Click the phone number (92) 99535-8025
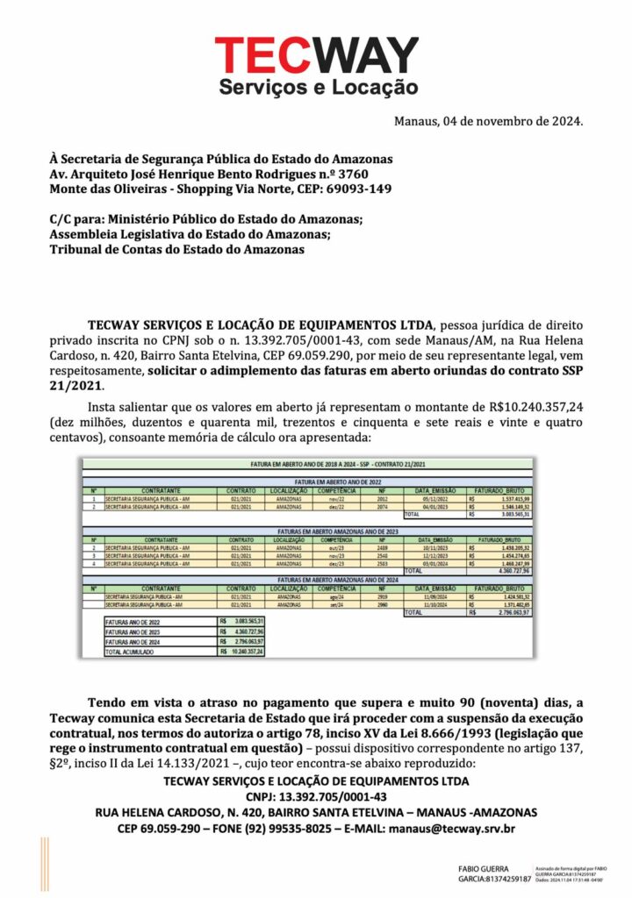tap(291, 828)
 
